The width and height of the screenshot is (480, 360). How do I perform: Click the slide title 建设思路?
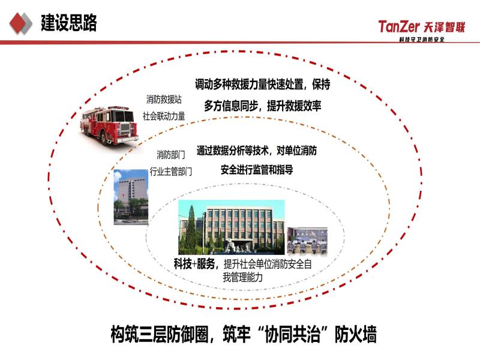pyautogui.click(x=69, y=23)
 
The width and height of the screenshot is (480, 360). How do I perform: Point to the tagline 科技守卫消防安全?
pyautogui.click(x=422, y=39)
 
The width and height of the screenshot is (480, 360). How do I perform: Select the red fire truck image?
pyautogui.click(x=110, y=125)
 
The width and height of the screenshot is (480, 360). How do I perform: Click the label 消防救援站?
pyautogui.click(x=164, y=100)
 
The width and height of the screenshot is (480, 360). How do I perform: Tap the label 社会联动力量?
pyautogui.click(x=164, y=116)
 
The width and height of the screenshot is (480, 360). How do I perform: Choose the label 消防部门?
pyautogui.click(x=171, y=155)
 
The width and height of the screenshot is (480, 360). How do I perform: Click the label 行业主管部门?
pyautogui.click(x=171, y=172)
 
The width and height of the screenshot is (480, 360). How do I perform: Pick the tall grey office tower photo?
pyautogui.click(x=131, y=197)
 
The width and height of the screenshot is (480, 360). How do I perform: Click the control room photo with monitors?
pyautogui.click(x=307, y=241)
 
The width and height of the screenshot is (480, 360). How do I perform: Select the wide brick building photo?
pyautogui.click(x=232, y=227)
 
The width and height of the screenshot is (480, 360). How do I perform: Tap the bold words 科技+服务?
pyautogui.click(x=194, y=264)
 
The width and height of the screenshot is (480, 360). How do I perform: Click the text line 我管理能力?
pyautogui.click(x=243, y=277)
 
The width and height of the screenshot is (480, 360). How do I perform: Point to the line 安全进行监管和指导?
pyautogui.click(x=257, y=170)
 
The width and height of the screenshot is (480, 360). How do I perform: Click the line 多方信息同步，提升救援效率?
pyautogui.click(x=263, y=106)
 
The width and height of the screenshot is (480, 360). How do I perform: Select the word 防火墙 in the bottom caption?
pyautogui.click(x=355, y=334)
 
